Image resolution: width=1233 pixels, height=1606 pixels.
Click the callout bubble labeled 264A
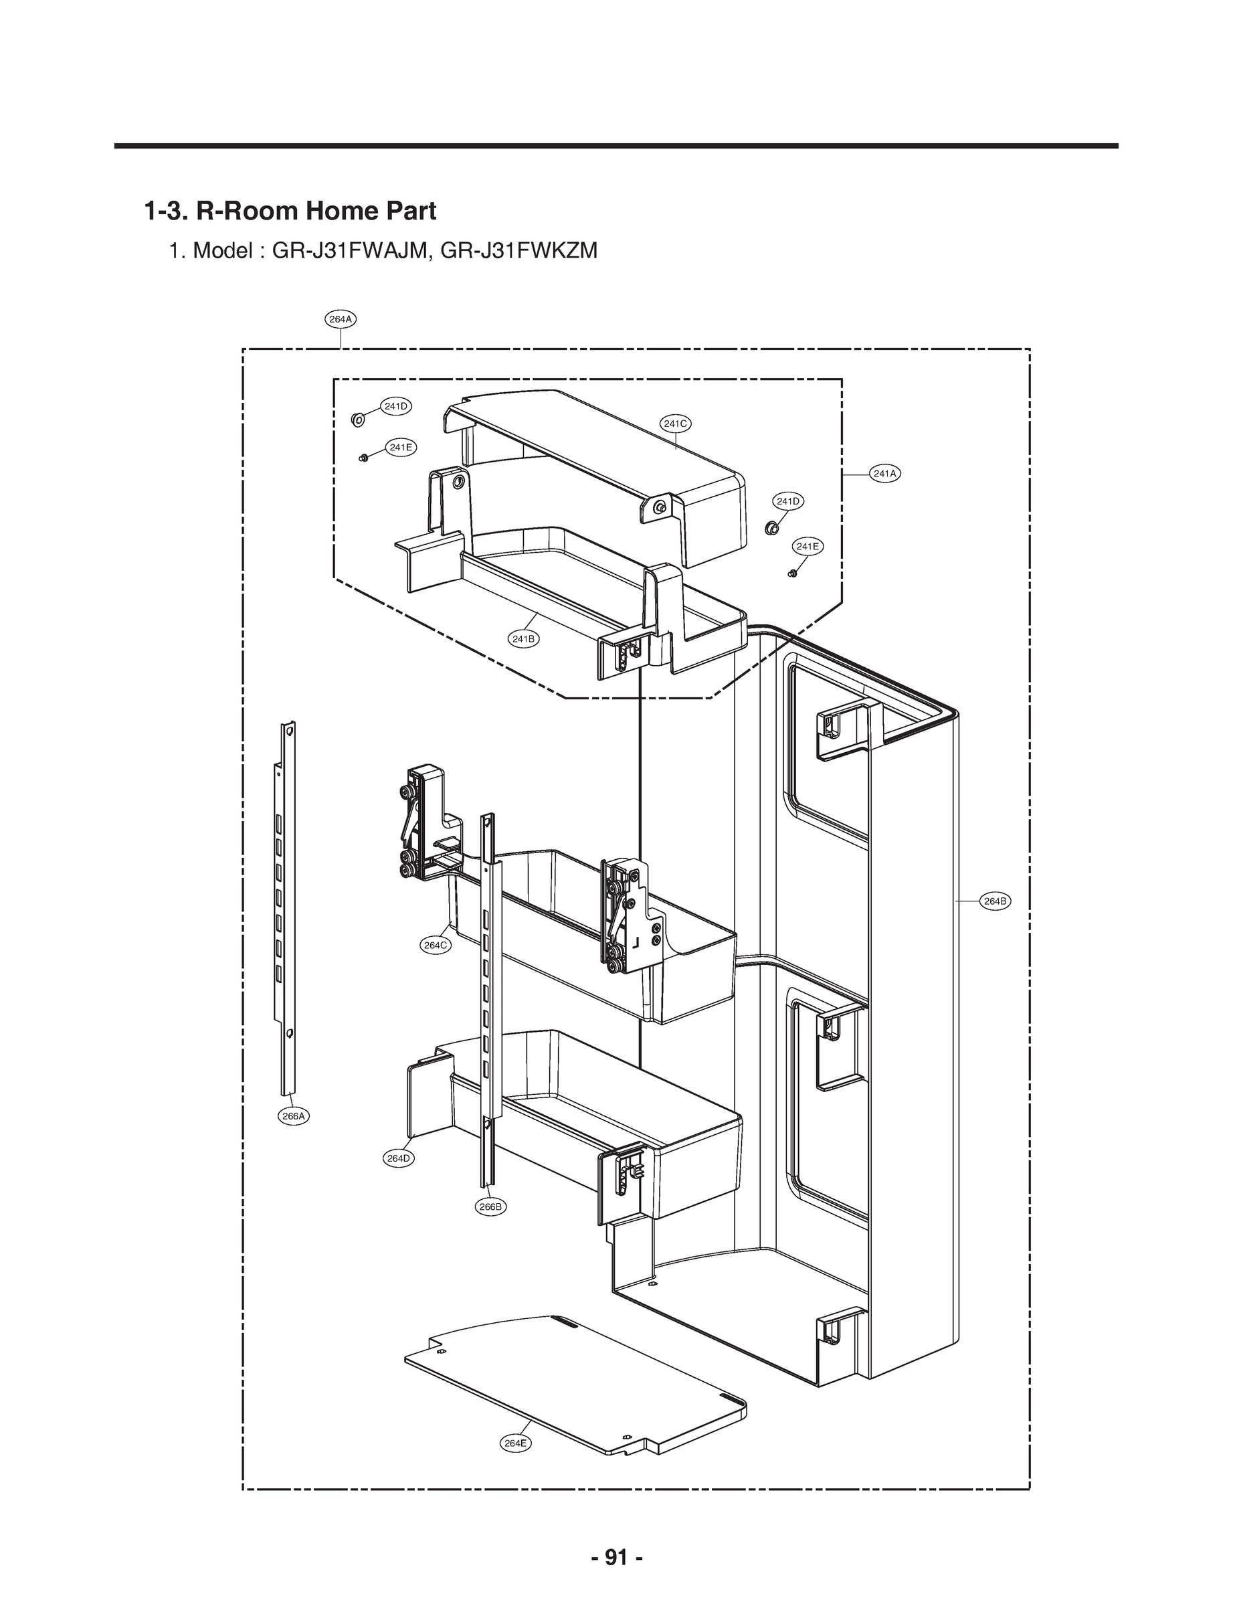point(341,319)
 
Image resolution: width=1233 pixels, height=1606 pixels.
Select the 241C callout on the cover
point(675,424)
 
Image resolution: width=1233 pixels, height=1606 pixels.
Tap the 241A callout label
point(884,473)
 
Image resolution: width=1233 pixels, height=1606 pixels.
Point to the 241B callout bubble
point(523,638)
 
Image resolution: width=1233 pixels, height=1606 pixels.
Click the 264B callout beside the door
point(995,901)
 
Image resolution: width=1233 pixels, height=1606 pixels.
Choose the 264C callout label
point(436,946)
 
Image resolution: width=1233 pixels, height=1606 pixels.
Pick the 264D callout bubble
point(399,1158)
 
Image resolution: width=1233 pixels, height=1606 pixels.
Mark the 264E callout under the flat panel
point(515,1443)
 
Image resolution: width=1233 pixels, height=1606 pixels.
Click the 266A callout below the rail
point(294,1116)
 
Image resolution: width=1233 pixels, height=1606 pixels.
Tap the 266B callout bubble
point(491,1207)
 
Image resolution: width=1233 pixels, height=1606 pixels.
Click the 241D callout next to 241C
point(787,501)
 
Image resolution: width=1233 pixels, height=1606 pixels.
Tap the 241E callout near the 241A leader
point(808,546)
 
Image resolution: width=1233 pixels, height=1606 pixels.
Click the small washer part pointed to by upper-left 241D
point(357,420)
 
